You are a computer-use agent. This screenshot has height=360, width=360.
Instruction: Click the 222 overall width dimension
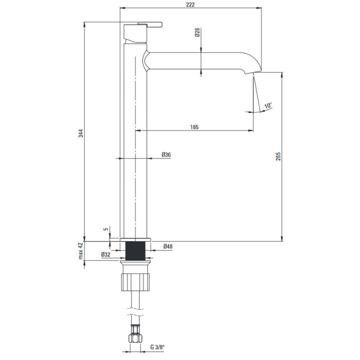pyautogui.click(x=190, y=4)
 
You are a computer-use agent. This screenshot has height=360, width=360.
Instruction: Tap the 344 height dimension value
pyautogui.click(x=81, y=133)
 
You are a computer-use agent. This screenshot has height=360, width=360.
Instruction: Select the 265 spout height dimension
pyautogui.click(x=278, y=156)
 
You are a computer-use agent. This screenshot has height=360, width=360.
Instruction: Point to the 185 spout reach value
pyautogui.click(x=194, y=127)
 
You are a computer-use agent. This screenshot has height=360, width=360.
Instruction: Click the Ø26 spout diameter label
pyautogui.click(x=197, y=32)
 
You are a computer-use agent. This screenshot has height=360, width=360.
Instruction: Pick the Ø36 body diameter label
pyautogui.click(x=166, y=154)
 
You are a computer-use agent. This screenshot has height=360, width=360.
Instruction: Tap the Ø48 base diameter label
pyautogui.click(x=168, y=246)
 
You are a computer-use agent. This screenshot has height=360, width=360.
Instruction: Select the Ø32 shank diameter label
pyautogui.click(x=105, y=254)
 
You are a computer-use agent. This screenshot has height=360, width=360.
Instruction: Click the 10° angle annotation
pyautogui.click(x=268, y=106)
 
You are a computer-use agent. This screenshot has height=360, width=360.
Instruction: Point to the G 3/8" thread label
pyautogui.click(x=157, y=347)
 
